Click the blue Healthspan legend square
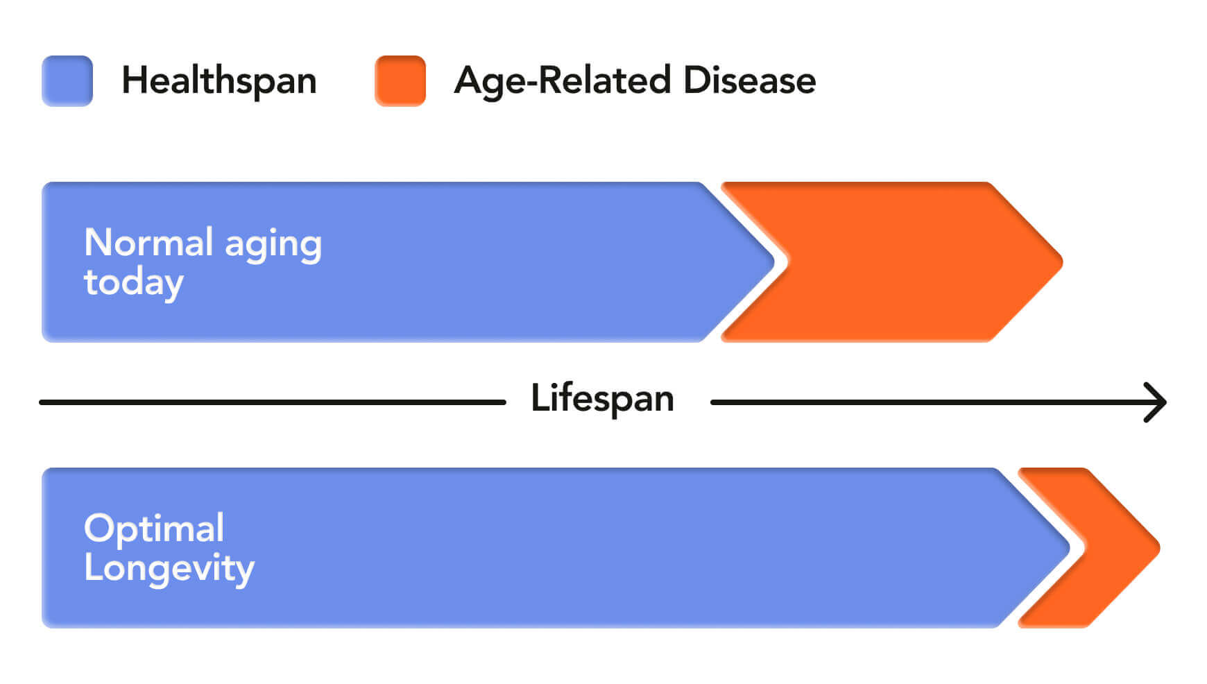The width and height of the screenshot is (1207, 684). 67,80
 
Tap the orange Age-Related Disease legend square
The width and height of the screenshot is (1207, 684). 400,80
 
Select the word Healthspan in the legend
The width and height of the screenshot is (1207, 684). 219,80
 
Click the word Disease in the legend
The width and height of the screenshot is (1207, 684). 749,80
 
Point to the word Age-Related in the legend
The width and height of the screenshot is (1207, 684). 563,81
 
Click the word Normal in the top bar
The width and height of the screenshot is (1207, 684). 148,242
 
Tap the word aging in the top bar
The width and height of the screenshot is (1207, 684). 273,246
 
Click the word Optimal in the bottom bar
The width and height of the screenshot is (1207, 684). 154,528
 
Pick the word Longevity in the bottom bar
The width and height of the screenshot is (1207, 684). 169,569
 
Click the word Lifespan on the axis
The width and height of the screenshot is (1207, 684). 602,399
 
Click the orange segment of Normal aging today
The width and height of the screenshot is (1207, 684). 891,262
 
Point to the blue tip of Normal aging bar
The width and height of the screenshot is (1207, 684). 773,262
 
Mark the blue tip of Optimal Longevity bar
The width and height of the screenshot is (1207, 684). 1070,548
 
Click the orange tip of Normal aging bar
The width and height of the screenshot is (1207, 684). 1062,262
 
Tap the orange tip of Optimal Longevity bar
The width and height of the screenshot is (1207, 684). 1159,548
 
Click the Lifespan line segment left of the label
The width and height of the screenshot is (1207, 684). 273,402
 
